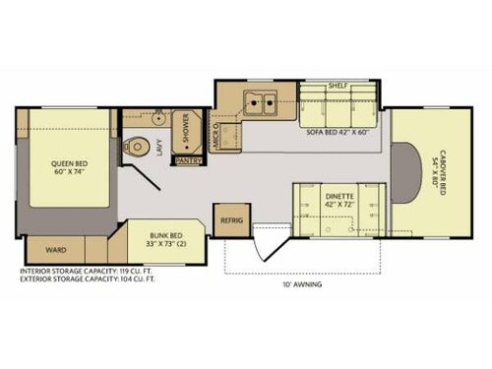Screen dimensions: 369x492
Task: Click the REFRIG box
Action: point(232,220)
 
